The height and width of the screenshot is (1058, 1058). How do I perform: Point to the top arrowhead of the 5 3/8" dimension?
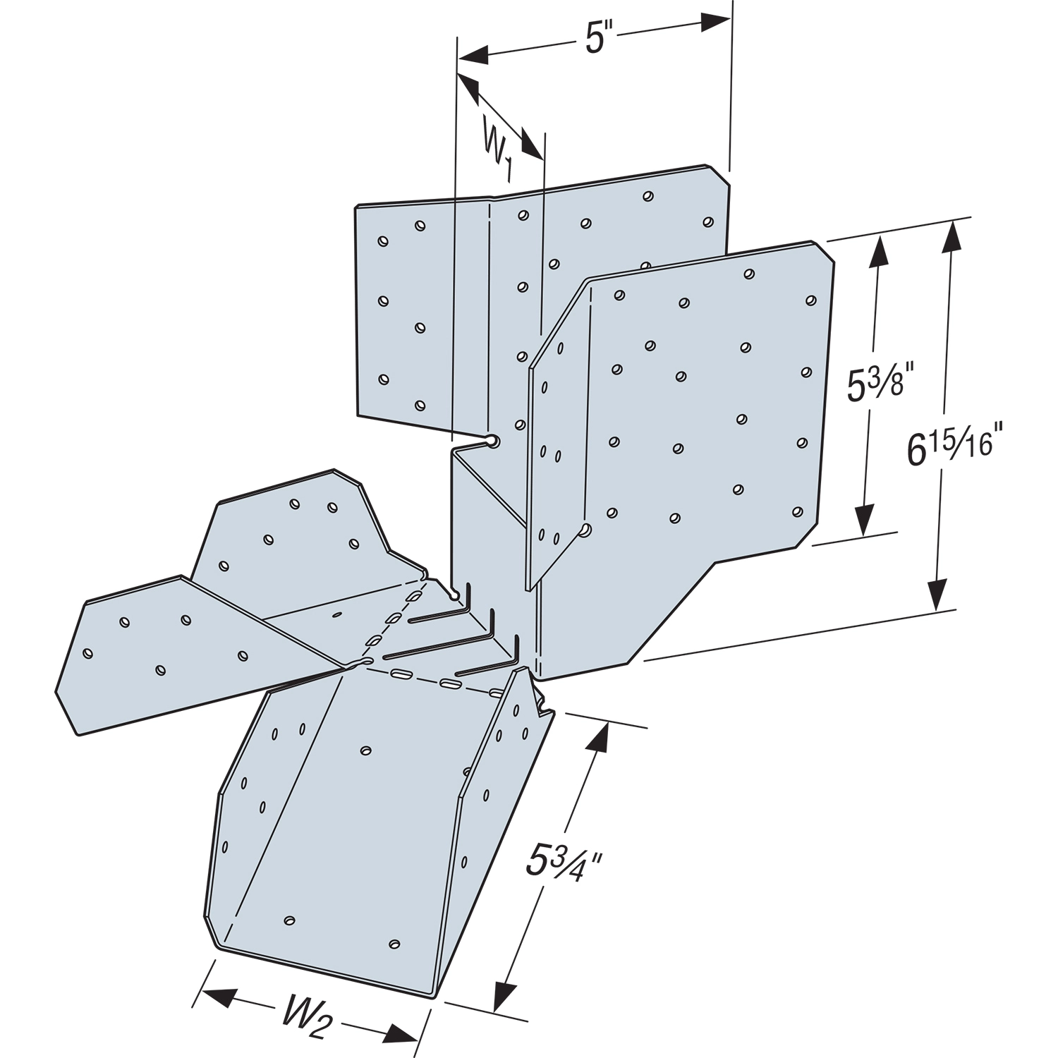[x=878, y=252]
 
